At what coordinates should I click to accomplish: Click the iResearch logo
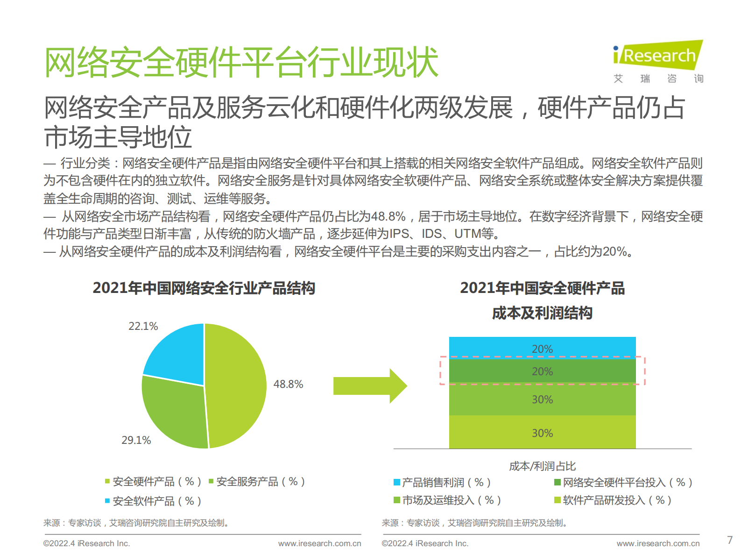tap(657, 61)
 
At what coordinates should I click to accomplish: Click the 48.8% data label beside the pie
tap(288, 384)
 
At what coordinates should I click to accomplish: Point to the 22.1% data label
tap(143, 326)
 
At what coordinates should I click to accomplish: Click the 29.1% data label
tap(136, 440)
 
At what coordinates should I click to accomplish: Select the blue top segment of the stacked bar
tap(542, 347)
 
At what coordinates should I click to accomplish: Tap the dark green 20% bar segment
tap(542, 372)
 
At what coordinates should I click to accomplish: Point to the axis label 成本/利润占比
tap(542, 466)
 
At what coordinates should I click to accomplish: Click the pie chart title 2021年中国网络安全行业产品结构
tap(204, 288)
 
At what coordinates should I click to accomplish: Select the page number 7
tap(730, 540)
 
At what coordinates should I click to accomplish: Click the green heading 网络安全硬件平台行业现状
tap(241, 62)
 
